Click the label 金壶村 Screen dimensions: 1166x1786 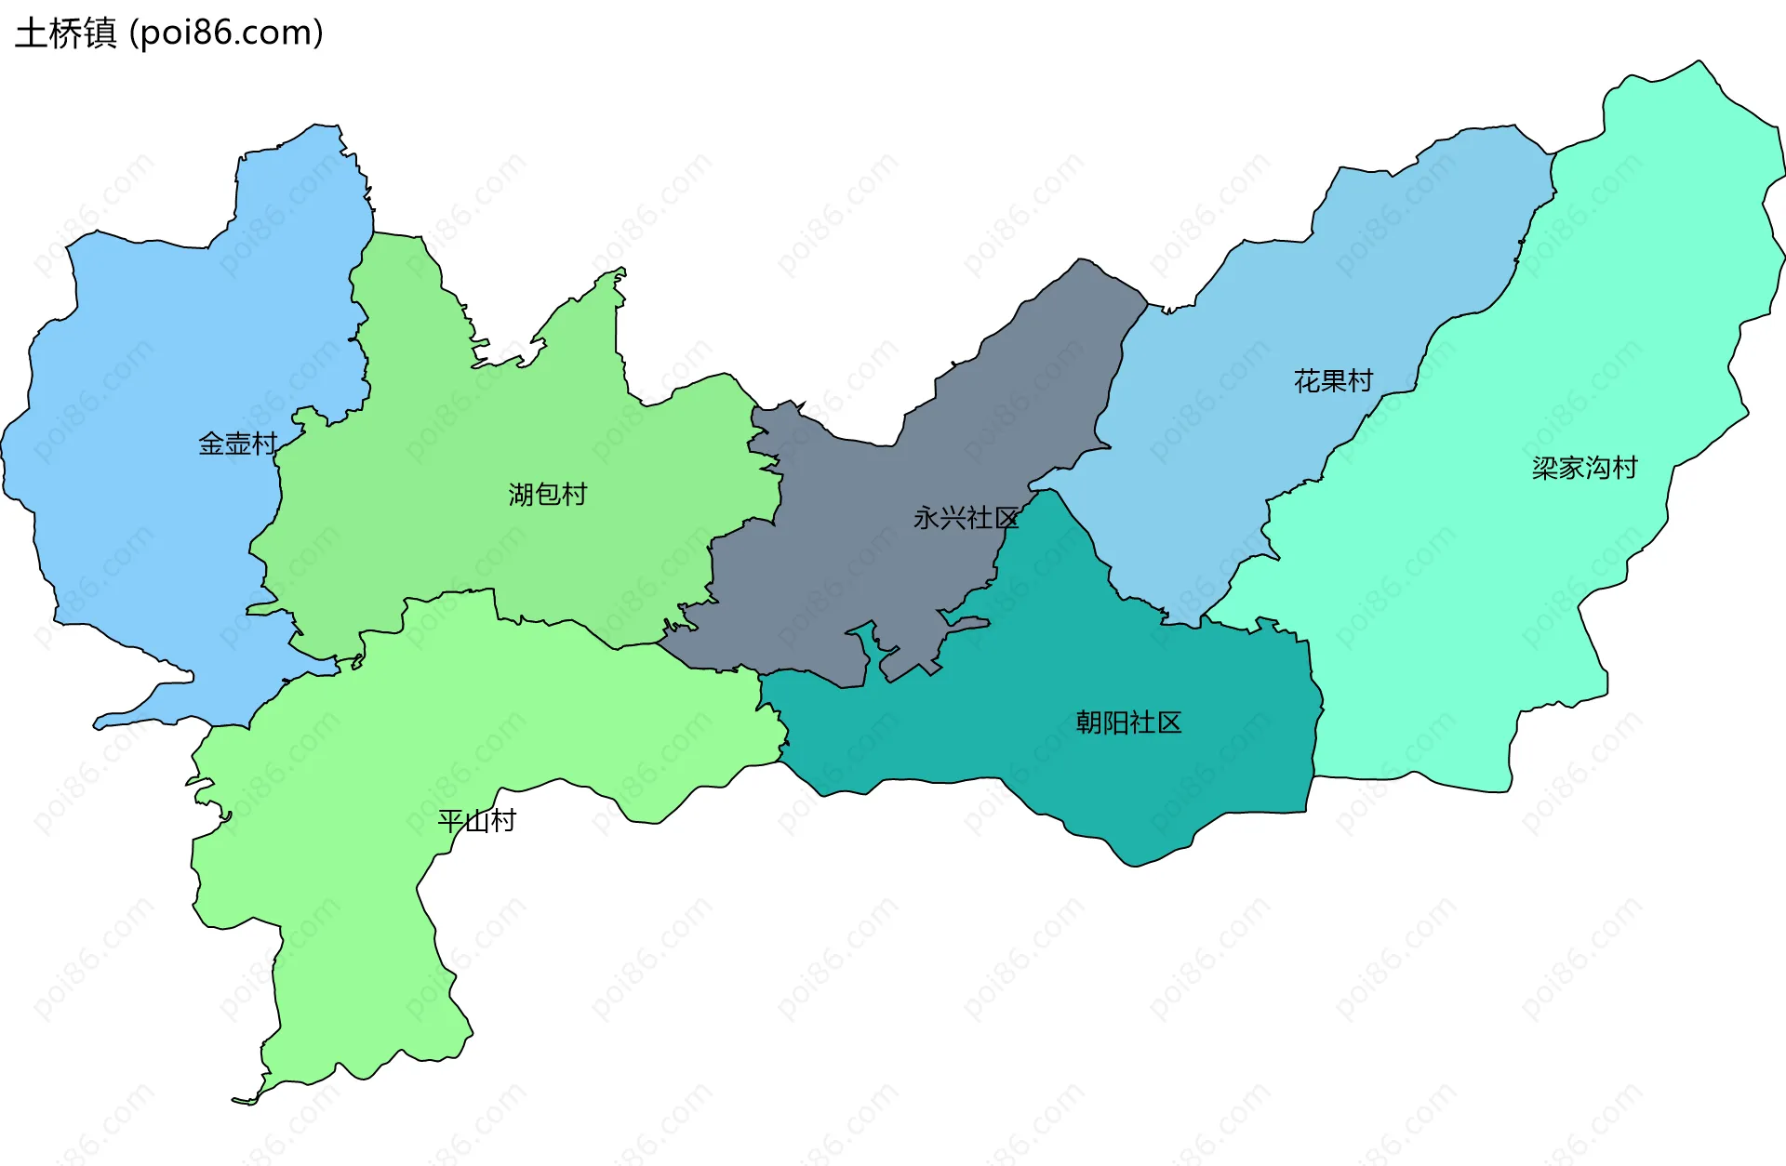[238, 444]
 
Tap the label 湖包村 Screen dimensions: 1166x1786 [548, 494]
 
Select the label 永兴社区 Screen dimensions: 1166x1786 [966, 518]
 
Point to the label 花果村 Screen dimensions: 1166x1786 [1333, 381]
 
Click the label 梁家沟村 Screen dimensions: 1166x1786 [1584, 468]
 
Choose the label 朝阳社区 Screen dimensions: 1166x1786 [1128, 722]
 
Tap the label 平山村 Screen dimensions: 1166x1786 [476, 821]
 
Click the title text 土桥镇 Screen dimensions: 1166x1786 [66, 33]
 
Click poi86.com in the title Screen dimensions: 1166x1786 [226, 33]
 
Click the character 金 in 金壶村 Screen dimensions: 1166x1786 [212, 444]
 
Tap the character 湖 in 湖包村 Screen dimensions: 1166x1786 [521, 494]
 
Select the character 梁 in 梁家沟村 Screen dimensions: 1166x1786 [1545, 468]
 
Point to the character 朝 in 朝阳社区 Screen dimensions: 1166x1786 [1089, 722]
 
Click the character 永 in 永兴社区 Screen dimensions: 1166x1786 [926, 518]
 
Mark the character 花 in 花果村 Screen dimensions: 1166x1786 [1307, 381]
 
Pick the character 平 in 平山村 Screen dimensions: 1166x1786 [450, 821]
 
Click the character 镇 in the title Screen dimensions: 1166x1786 [100, 33]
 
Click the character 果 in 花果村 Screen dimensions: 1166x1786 [1333, 381]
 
